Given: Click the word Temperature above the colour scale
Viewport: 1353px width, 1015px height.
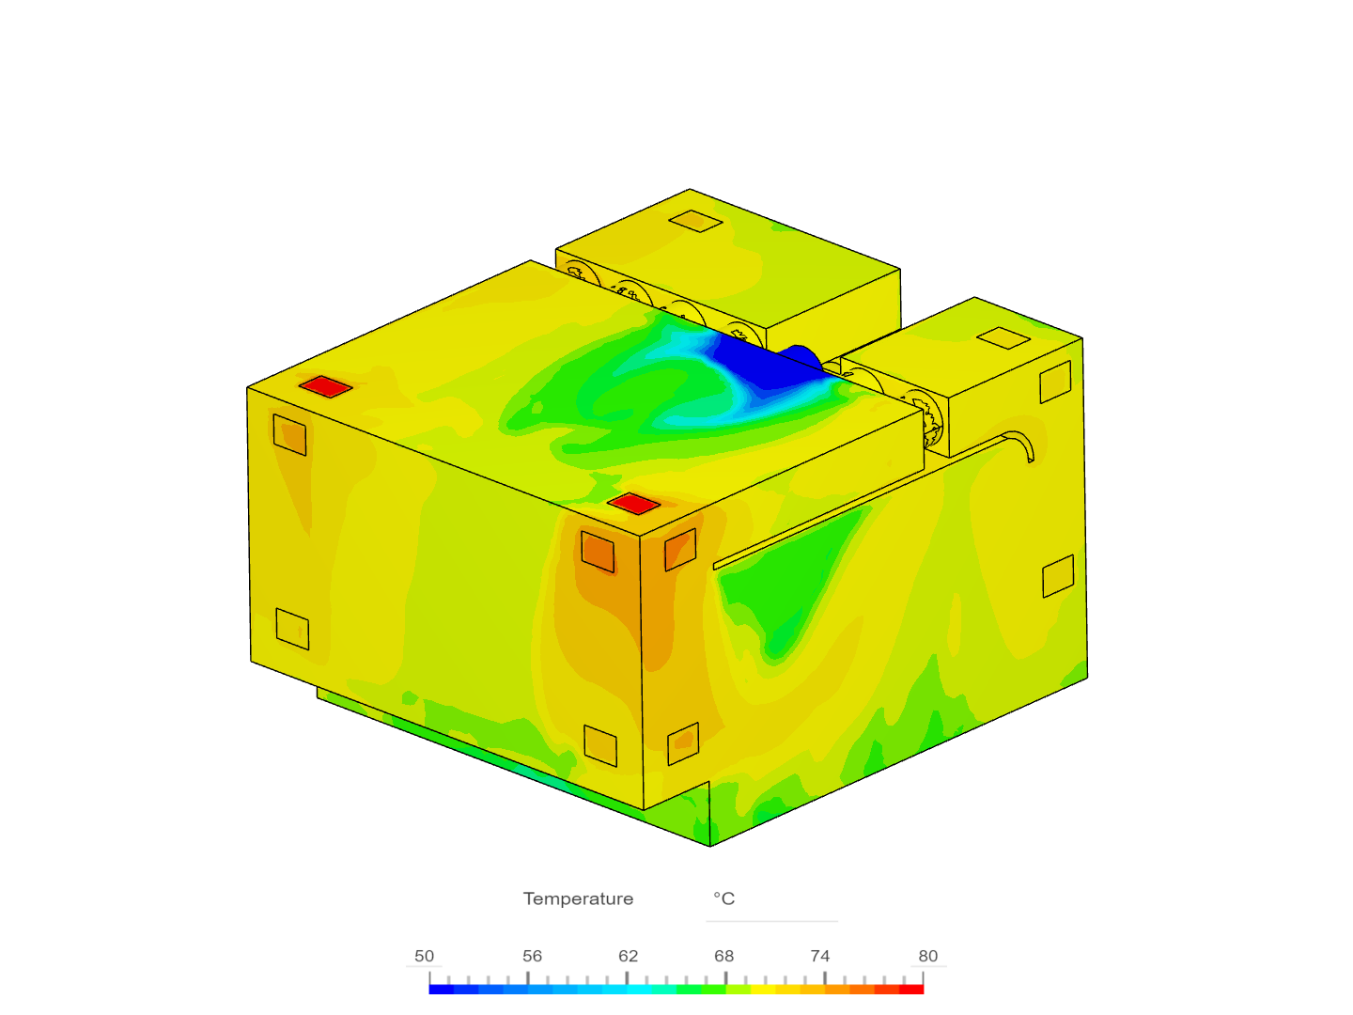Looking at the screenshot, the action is coord(578,898).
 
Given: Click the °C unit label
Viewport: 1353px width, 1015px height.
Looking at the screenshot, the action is coord(723,898).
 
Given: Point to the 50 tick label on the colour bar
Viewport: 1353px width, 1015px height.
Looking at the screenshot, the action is coord(424,956).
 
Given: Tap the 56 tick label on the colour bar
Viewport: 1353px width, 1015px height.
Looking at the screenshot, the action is coord(532,956).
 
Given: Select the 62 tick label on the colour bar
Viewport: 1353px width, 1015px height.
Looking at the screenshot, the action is coord(629,956).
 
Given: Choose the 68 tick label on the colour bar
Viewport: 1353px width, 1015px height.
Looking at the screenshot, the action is coord(723,956).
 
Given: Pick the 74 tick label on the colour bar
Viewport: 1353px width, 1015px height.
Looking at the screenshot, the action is coord(820,956).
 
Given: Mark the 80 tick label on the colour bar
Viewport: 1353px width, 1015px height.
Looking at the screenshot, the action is coord(927,956).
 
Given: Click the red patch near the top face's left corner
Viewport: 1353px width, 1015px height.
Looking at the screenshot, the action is coord(326,387).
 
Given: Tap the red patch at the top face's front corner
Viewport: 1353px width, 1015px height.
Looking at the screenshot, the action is coord(633,504).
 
